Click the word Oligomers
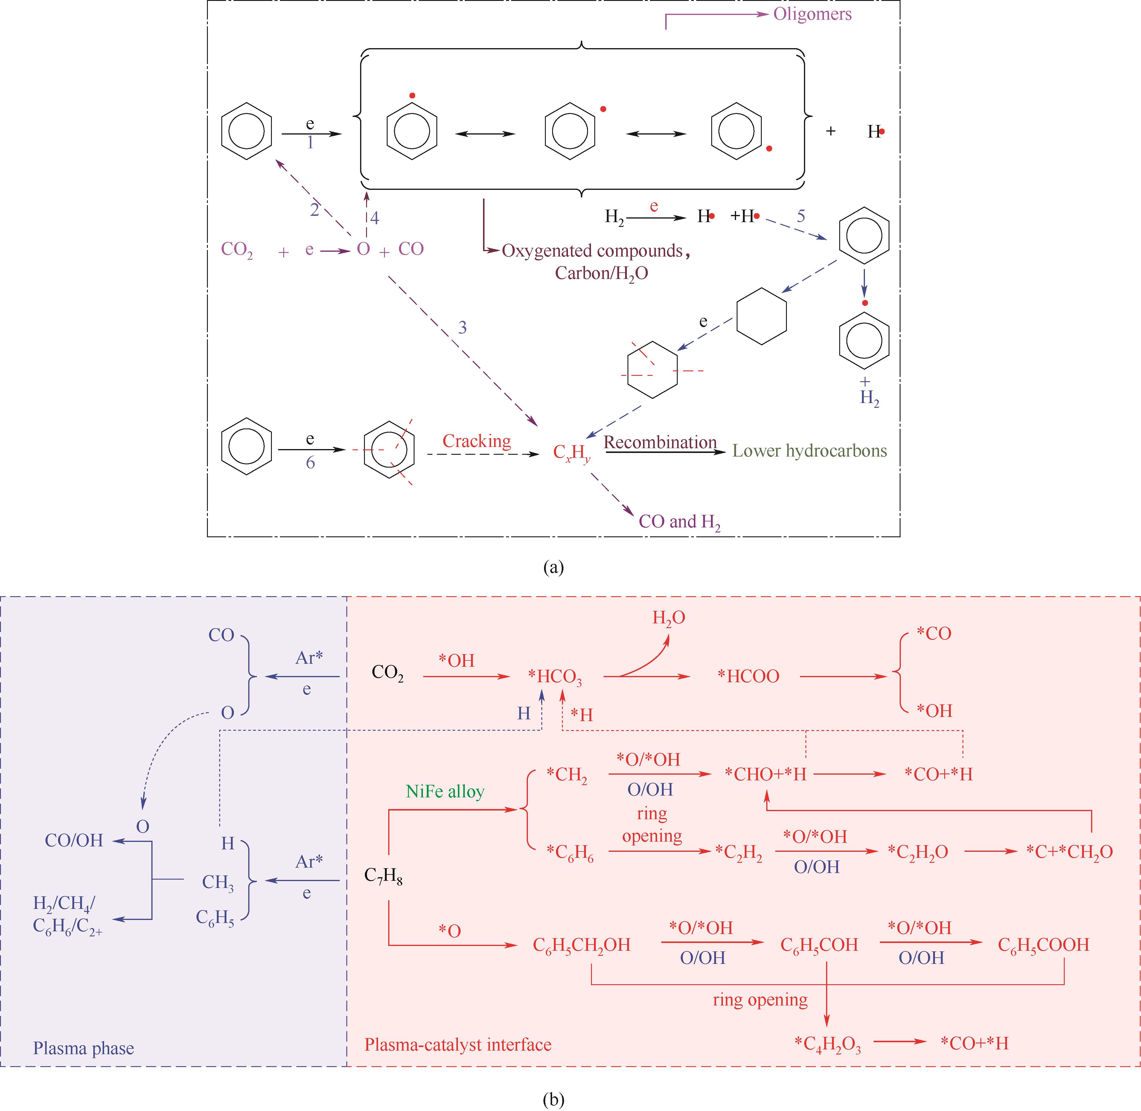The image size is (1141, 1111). pos(812,14)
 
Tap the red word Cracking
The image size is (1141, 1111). pos(476,441)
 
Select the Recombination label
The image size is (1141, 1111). pos(660,442)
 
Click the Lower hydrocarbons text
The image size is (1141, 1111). pos(810,451)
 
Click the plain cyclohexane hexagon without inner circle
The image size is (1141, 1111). pos(761,316)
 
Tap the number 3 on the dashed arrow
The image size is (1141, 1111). pos(462,328)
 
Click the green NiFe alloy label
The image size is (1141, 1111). pos(445,792)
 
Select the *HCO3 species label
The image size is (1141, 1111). pos(554,677)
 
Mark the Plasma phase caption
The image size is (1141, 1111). pos(83,1049)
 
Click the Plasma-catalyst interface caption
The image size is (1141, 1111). pos(458,1045)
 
